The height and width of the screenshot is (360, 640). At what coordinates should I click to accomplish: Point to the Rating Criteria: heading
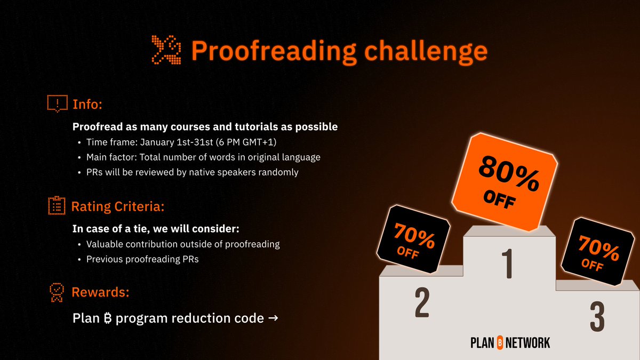(x=120, y=205)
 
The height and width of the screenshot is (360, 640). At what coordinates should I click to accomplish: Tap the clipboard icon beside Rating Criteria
(x=57, y=205)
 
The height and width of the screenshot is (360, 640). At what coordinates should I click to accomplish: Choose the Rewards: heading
(x=101, y=292)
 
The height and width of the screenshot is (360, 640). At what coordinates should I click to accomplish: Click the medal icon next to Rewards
(x=57, y=293)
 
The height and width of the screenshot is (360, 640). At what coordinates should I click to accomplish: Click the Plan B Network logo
(x=510, y=342)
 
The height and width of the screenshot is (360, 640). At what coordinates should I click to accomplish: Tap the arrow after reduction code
(x=272, y=318)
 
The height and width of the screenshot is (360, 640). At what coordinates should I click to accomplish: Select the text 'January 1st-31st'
(x=173, y=142)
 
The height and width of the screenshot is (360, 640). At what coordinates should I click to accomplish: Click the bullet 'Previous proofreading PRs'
(x=142, y=259)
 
